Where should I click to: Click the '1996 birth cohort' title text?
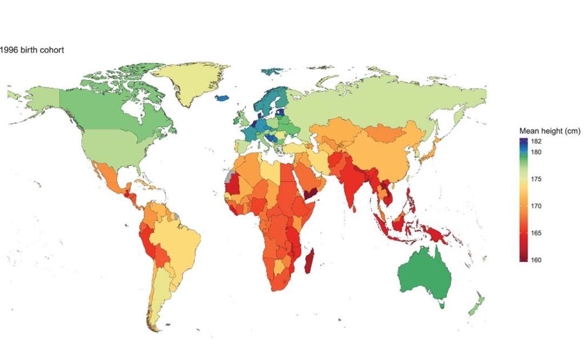(32, 50)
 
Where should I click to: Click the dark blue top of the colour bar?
(524, 141)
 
